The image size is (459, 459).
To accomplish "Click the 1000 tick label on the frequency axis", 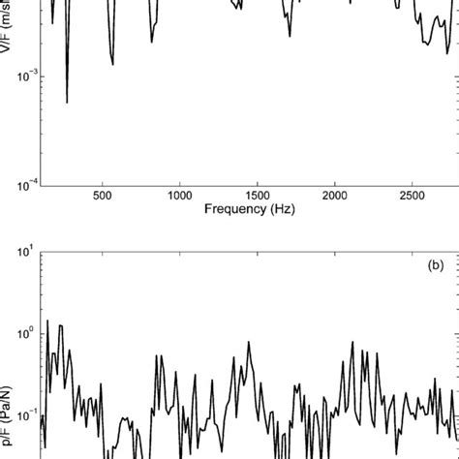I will click(180, 196).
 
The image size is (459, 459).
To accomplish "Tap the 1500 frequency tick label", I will click(257, 196).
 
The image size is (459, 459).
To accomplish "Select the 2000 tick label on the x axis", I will click(334, 196).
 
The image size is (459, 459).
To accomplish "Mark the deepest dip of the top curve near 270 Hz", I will click(67, 102).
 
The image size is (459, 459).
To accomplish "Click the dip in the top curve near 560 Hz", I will click(112, 64).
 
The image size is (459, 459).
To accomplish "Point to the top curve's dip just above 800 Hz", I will click(152, 43).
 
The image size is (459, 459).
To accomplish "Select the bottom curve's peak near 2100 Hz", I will click(352, 341).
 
